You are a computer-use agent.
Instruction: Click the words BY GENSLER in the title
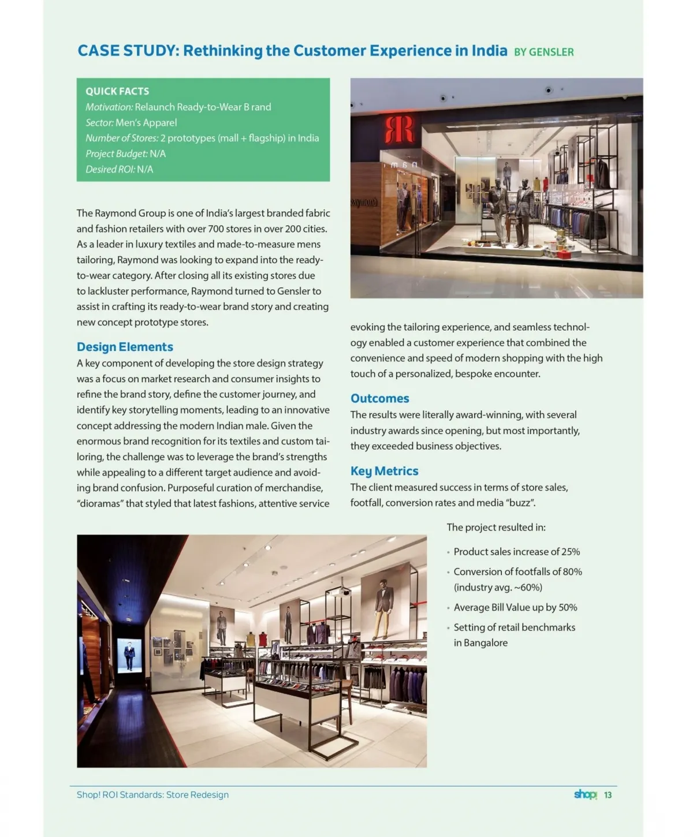tap(543, 52)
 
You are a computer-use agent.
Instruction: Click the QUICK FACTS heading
tap(117, 91)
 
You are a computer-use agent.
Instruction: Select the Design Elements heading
tap(125, 347)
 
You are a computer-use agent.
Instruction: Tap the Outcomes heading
tap(379, 398)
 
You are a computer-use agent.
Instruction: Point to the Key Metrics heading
tap(384, 471)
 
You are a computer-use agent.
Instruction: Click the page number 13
tap(608, 795)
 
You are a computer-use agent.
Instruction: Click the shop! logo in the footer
tap(585, 794)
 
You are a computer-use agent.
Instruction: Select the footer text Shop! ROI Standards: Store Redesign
tap(152, 795)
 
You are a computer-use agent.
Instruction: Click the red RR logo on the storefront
tap(399, 129)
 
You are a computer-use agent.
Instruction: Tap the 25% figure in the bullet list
tap(570, 552)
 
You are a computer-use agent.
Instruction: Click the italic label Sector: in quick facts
tap(99, 122)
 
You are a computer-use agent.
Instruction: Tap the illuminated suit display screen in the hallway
tap(129, 655)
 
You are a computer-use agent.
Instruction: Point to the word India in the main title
tap(489, 51)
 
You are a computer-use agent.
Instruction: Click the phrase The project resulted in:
tap(495, 528)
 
